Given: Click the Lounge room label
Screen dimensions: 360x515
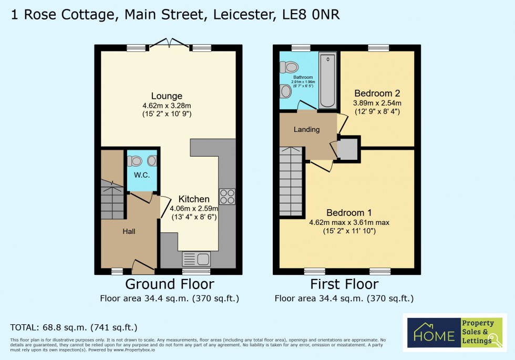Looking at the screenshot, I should tap(167, 96).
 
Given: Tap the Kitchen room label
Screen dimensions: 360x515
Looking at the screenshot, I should tap(194, 199).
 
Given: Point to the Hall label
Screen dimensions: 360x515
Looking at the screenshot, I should tap(129, 231).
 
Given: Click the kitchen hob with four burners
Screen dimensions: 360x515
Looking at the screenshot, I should tap(227, 197).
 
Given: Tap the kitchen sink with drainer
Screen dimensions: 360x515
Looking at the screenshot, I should tap(196, 259).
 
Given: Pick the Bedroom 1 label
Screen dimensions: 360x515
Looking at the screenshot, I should tap(349, 213).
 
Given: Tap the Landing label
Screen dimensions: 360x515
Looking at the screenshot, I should tap(306, 129).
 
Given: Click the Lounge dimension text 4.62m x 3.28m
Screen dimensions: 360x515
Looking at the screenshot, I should tap(167, 105).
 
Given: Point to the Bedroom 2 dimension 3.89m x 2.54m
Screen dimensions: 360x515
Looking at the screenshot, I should tap(377, 103).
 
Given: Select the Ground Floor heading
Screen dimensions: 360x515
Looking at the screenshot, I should tap(169, 284).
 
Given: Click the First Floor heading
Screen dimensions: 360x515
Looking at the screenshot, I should tap(344, 284).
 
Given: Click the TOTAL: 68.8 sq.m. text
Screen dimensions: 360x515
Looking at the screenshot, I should tap(74, 327).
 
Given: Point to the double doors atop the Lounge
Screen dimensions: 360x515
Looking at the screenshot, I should tap(169, 45).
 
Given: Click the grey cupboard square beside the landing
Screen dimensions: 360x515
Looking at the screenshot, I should tap(348, 149).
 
